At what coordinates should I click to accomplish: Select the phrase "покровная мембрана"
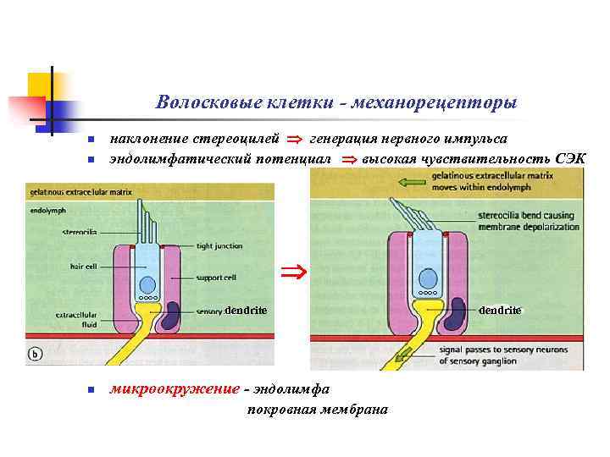[317, 410]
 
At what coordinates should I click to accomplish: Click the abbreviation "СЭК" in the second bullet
[568, 158]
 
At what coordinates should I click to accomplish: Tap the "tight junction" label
[219, 246]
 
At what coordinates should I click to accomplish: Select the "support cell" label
[216, 277]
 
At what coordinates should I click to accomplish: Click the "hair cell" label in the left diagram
[82, 266]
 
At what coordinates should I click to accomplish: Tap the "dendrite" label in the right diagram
[500, 311]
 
